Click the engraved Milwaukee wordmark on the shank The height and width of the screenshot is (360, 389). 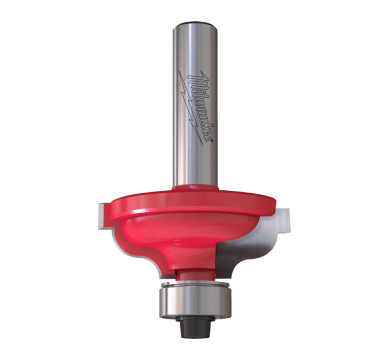(201, 108)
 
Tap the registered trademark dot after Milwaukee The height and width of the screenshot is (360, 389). (212, 141)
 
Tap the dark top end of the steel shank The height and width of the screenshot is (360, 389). (195, 24)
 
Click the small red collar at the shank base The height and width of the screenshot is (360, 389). (195, 187)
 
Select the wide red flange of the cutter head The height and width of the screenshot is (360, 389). (192, 203)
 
